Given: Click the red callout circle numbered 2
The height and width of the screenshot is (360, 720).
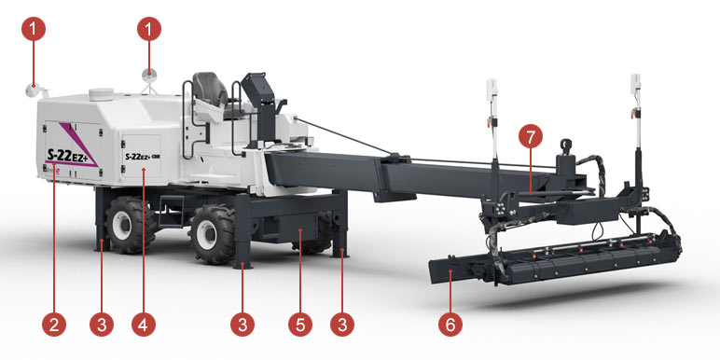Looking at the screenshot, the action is click(54, 325).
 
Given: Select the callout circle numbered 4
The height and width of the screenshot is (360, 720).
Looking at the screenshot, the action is click(144, 325).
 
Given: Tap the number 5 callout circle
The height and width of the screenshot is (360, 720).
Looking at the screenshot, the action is click(300, 325).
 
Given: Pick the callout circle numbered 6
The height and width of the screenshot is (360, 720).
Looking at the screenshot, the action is click(450, 325).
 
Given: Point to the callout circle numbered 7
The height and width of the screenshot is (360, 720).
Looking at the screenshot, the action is click(531, 137).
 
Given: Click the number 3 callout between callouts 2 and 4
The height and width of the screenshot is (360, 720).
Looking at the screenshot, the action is click(102, 325).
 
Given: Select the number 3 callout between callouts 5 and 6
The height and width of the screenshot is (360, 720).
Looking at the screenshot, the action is click(342, 325).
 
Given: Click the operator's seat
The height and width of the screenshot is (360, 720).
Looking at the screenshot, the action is click(210, 90).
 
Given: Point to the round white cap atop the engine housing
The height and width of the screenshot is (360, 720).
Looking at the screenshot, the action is click(101, 93).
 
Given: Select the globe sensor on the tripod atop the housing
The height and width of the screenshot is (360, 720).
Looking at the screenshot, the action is click(149, 76).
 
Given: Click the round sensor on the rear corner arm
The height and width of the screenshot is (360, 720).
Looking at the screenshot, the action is click(31, 90).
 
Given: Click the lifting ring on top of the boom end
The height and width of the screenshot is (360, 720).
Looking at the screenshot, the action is click(566, 145).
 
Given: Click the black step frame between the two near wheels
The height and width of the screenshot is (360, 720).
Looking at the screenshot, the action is click(172, 210).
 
